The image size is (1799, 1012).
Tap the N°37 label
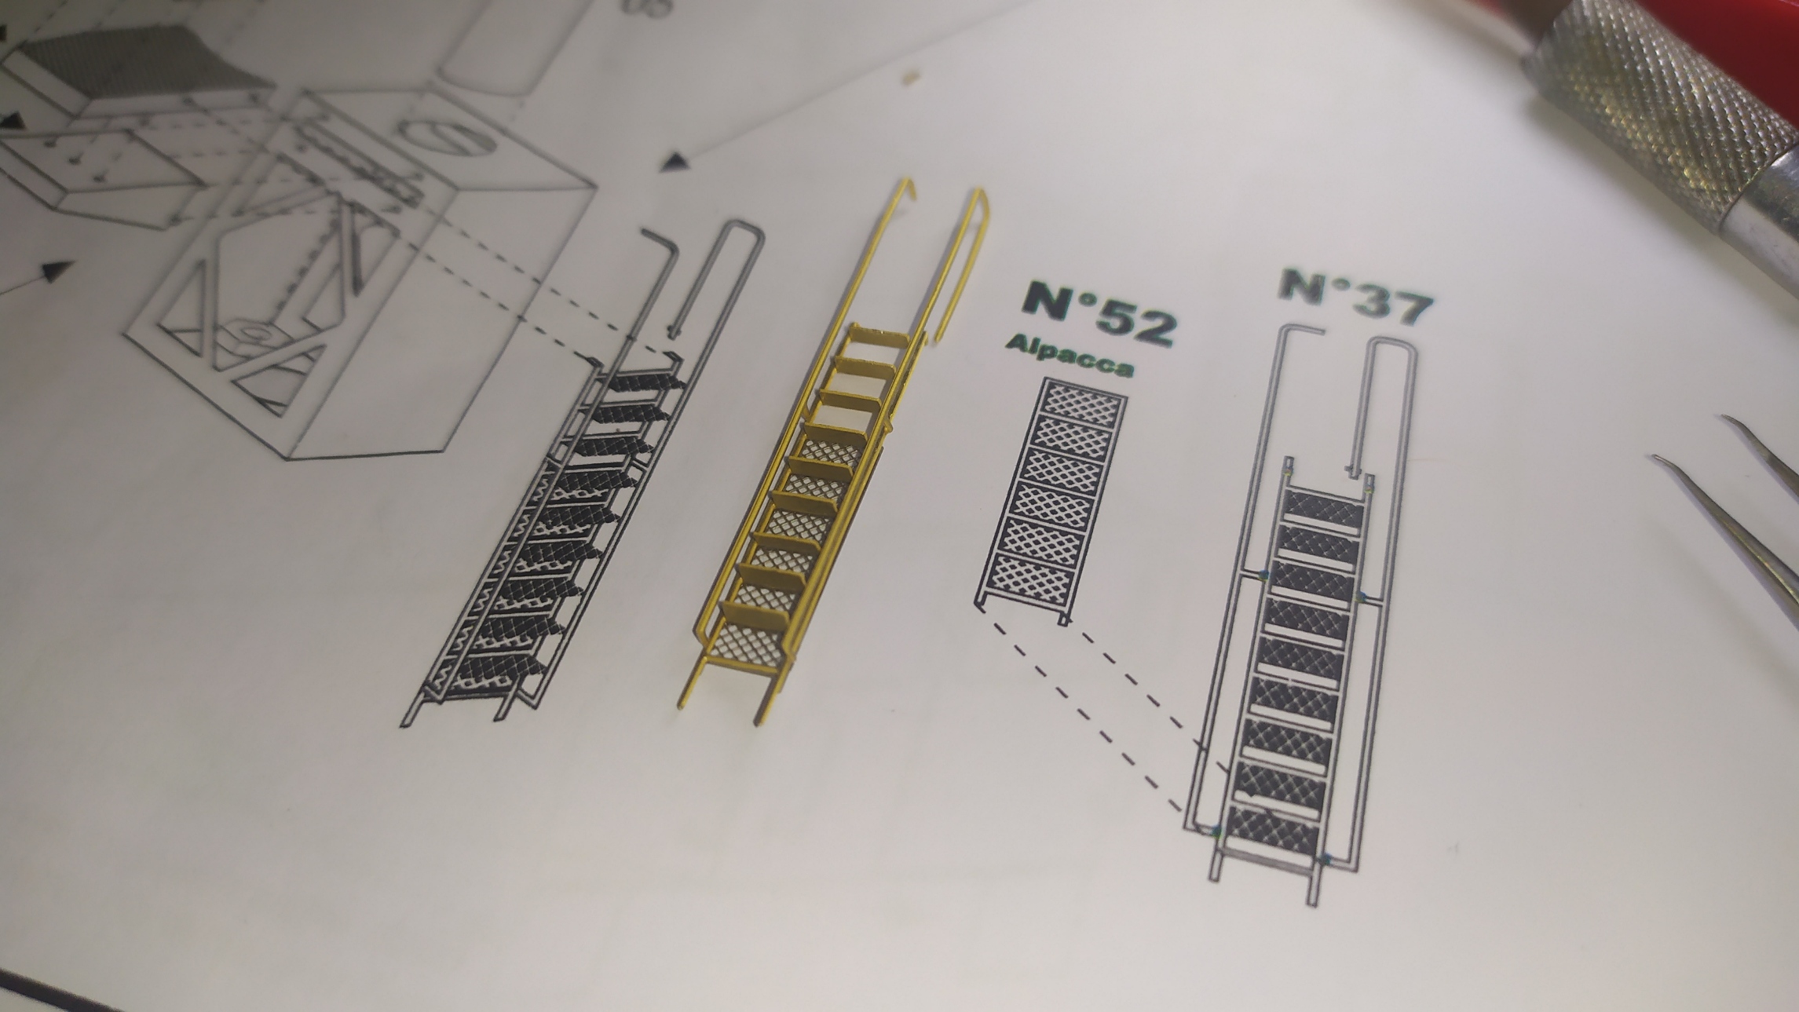[1354, 297]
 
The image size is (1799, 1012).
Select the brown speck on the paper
[912, 78]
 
